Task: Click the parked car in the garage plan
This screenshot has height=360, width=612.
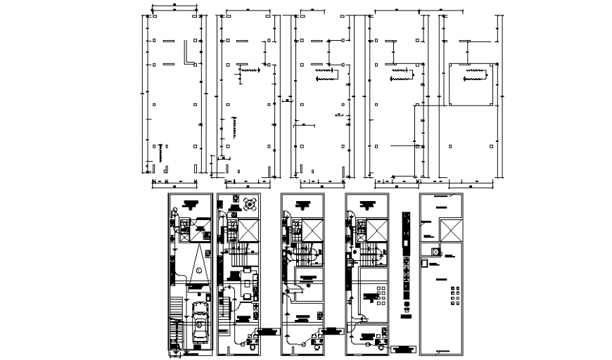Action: (200, 324)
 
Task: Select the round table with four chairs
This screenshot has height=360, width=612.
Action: (250, 203)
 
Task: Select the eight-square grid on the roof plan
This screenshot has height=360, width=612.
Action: (454, 295)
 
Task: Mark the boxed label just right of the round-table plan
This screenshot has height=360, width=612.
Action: (267, 330)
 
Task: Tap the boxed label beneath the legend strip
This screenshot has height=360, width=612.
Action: (404, 348)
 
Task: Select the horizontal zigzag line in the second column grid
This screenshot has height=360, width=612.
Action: (250, 70)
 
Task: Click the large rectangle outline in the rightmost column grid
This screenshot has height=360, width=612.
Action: (468, 84)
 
